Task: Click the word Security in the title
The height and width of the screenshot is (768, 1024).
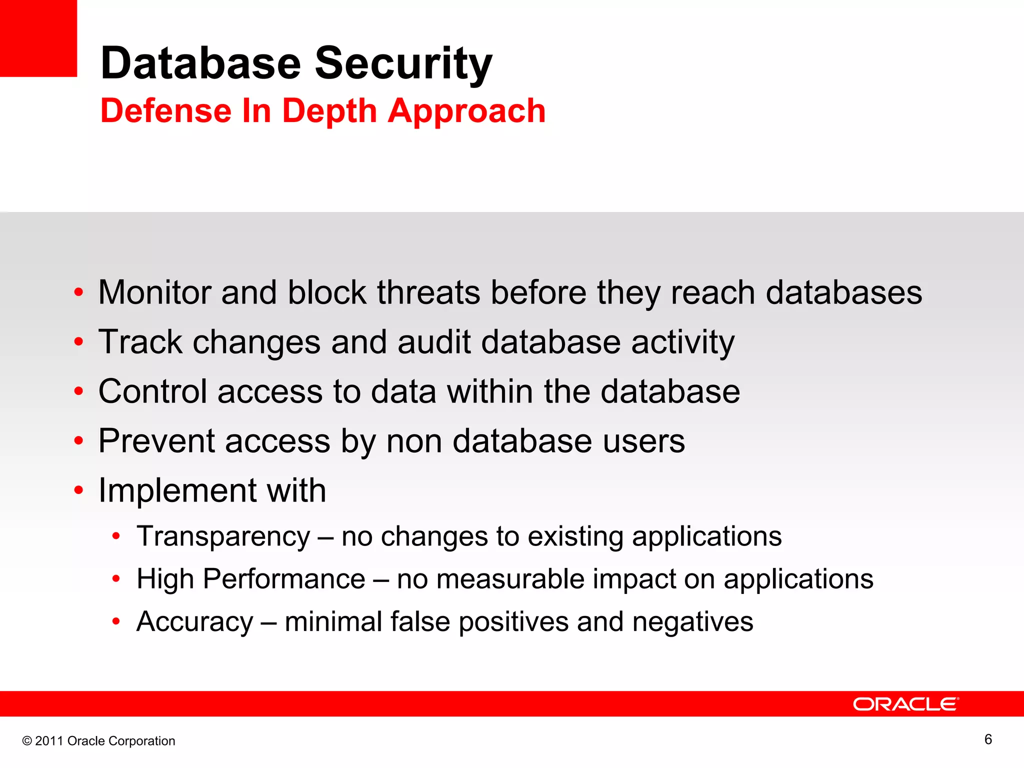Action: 403,63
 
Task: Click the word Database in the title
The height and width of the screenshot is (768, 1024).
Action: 200,63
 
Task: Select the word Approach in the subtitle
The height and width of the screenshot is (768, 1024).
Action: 466,111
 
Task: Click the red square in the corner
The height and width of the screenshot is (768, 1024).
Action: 38,38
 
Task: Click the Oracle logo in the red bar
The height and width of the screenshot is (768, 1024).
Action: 905,704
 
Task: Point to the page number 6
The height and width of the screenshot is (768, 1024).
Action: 988,739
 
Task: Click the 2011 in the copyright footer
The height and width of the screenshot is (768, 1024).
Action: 49,741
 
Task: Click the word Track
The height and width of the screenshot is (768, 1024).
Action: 140,342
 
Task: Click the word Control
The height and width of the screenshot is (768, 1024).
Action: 152,391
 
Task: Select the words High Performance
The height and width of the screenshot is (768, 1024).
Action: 251,579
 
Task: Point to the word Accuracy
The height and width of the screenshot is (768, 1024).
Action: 195,622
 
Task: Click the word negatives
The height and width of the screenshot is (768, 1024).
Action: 692,622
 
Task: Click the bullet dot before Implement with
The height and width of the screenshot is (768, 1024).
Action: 78,490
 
